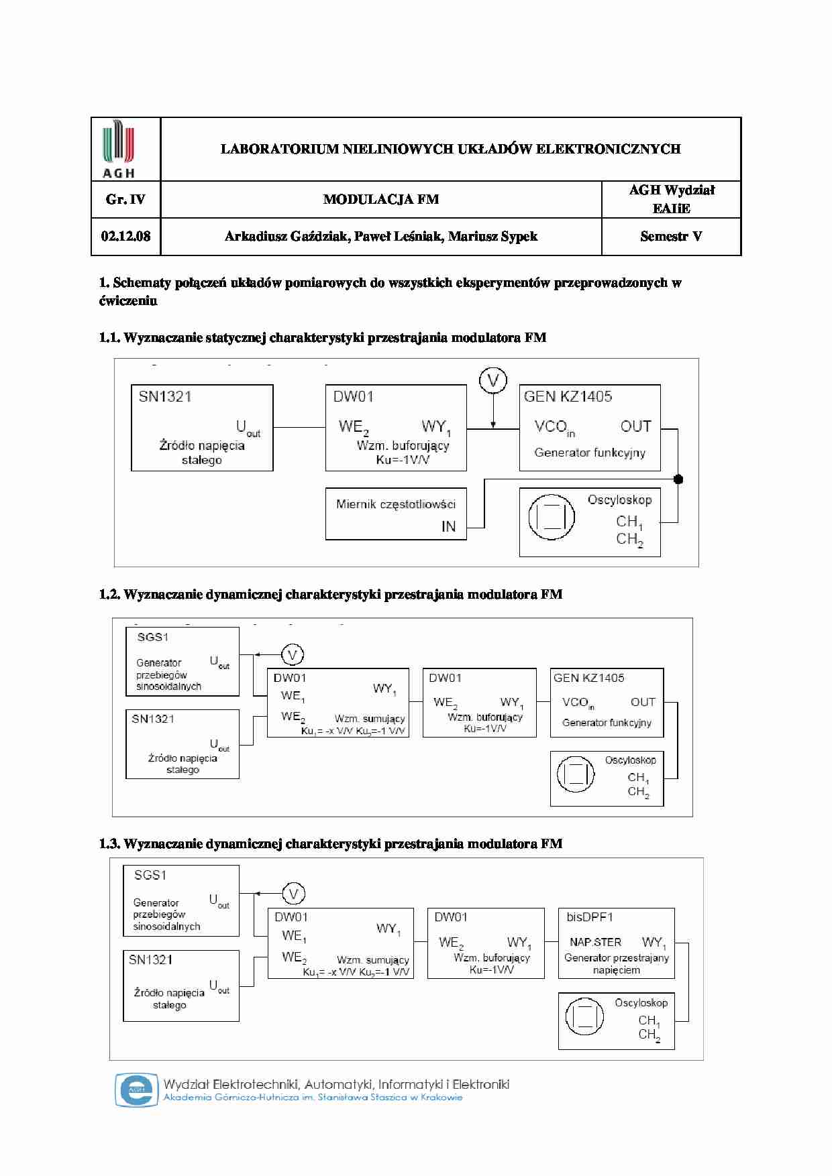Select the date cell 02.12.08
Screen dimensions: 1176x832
(x=125, y=236)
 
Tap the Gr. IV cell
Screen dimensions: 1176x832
(x=125, y=199)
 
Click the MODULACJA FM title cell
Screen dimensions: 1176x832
(x=380, y=199)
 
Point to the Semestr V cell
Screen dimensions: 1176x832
(x=671, y=236)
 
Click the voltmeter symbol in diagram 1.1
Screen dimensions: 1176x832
(x=493, y=381)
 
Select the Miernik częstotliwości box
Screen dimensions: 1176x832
(x=396, y=514)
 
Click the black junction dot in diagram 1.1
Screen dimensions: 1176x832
(x=678, y=479)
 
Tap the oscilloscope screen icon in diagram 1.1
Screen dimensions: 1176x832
(x=552, y=517)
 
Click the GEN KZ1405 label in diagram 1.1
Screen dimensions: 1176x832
(x=568, y=396)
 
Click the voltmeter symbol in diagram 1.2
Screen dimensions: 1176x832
(x=292, y=654)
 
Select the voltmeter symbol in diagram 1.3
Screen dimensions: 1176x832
(x=293, y=894)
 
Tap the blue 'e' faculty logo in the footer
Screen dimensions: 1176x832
(x=136, y=1090)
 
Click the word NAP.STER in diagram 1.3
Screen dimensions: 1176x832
(x=595, y=942)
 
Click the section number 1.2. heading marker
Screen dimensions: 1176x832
(x=109, y=594)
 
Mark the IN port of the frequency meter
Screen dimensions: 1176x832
(x=448, y=527)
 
